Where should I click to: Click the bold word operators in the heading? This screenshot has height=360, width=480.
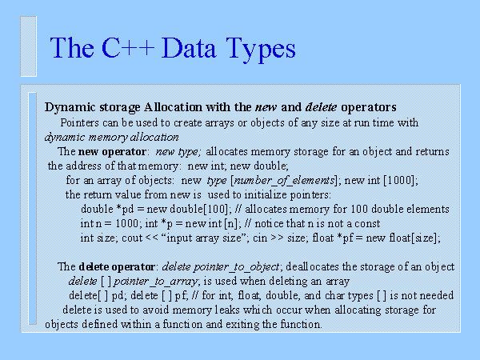tap(363, 106)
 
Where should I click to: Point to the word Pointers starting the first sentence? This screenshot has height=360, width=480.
tap(82, 122)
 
